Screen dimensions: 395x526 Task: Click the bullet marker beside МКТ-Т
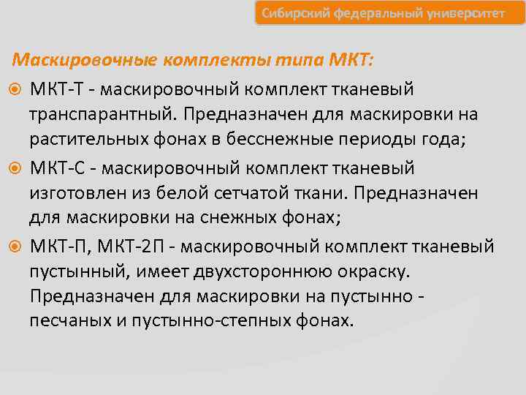[16, 89]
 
